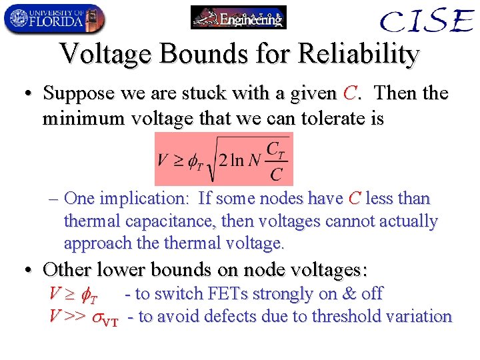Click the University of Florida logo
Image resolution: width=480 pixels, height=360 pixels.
pyautogui.click(x=53, y=18)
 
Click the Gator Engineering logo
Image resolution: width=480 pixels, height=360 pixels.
pyautogui.click(x=238, y=17)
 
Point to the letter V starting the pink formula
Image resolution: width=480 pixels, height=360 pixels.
pyautogui.click(x=163, y=160)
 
